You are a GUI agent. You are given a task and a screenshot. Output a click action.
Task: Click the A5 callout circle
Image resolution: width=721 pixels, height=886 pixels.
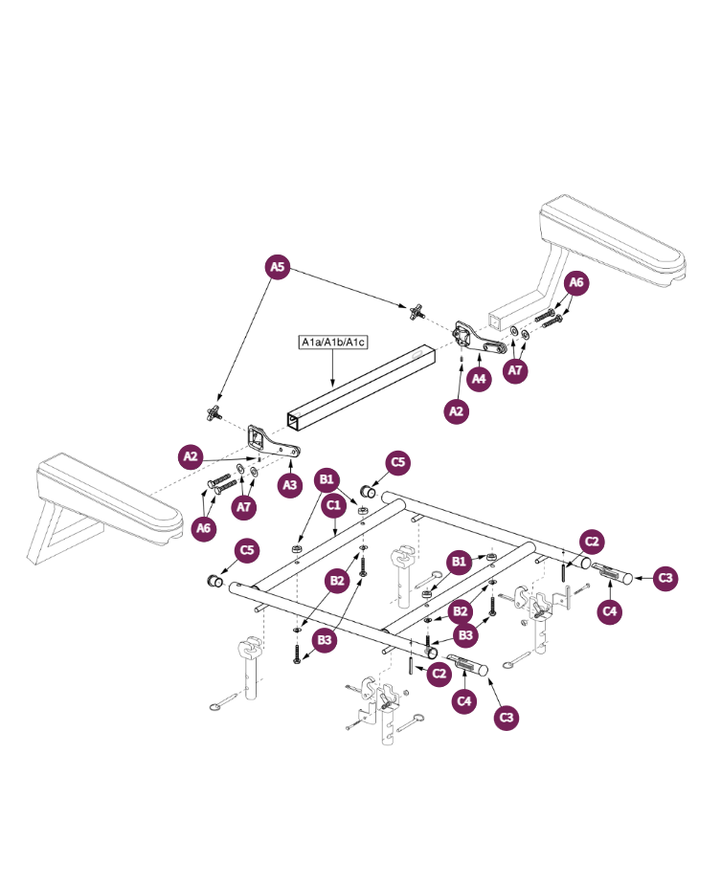278,268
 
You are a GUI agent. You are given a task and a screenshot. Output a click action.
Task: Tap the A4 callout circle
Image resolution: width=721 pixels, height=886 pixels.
480,379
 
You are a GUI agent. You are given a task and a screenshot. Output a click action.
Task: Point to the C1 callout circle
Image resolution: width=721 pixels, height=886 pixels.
334,502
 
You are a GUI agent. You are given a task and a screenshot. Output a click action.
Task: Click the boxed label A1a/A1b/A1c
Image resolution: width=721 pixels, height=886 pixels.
334,342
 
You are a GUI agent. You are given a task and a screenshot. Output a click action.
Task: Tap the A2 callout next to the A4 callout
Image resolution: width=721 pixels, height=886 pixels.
459,410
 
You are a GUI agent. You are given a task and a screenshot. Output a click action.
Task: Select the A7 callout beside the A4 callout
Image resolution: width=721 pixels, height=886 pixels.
515,370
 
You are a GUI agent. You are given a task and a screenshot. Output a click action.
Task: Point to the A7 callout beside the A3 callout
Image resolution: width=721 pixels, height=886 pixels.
244,506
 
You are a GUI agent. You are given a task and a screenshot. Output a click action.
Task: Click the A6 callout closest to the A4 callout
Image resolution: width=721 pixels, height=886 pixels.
575,282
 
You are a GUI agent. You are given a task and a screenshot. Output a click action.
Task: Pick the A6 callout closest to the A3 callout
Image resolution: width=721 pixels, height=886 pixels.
203,527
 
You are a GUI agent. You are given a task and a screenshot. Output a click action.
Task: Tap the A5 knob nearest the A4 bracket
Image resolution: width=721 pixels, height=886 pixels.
416,311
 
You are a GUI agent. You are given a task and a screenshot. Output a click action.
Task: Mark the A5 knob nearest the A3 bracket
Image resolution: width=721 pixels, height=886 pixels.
213,413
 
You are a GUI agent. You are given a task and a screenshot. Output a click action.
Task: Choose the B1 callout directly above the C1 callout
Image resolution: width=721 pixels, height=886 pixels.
327,477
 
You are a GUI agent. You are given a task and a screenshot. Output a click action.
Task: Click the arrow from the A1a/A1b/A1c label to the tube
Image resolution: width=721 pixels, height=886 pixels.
331,367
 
